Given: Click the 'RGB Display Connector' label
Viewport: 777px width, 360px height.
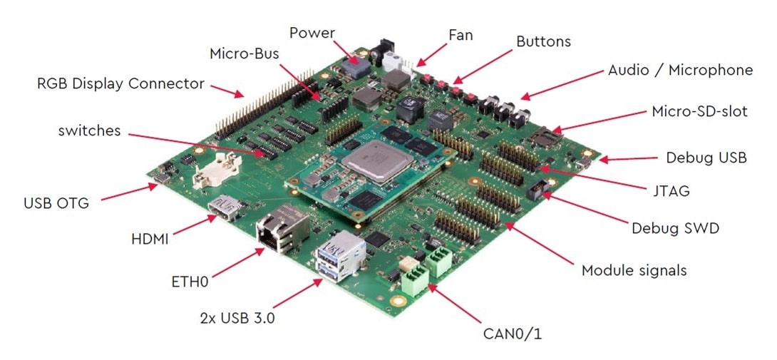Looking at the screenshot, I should coord(120,83).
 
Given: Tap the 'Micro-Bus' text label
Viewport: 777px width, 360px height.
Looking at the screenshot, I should coord(243,53).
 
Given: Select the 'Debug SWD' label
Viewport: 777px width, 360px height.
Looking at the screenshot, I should coord(675,229).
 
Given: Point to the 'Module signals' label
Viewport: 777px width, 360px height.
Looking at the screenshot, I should coord(634,270).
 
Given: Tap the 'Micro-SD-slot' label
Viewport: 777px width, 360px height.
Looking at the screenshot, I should coord(699,112).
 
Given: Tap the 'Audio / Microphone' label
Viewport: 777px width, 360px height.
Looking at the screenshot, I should coord(680,70).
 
